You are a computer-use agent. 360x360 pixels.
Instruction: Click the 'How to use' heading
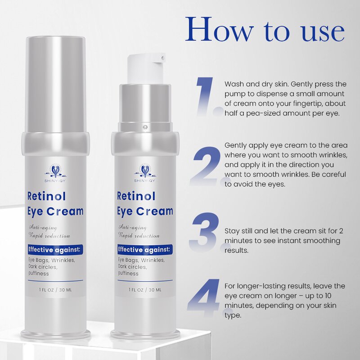(265, 31)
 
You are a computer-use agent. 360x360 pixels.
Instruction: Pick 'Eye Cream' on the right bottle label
(145, 211)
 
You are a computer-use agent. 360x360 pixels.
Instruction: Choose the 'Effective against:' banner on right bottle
(144, 249)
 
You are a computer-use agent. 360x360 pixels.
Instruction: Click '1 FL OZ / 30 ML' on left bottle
(55, 289)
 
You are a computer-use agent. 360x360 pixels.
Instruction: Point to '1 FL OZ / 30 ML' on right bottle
(145, 289)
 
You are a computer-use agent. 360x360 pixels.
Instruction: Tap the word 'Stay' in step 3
(232, 231)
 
